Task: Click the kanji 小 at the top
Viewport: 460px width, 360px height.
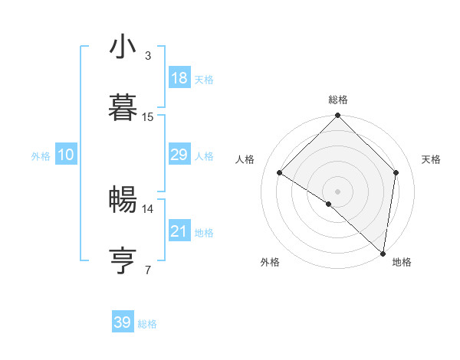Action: (123, 48)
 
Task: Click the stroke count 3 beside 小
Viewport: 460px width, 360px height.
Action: (148, 56)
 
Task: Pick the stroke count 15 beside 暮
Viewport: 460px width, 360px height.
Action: (148, 116)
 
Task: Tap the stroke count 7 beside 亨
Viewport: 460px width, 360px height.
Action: (148, 269)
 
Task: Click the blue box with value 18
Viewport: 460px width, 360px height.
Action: (179, 78)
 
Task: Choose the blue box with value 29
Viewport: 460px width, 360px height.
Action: (179, 155)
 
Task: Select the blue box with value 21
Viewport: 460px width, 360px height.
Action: (179, 231)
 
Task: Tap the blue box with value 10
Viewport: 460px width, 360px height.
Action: (66, 155)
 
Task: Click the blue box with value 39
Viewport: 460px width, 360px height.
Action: (123, 322)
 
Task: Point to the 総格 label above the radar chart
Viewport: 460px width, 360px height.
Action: (338, 100)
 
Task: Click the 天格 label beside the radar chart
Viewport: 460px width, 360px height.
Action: (432, 159)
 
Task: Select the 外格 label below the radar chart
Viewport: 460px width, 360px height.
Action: (270, 262)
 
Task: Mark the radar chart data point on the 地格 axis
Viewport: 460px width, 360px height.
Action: (383, 253)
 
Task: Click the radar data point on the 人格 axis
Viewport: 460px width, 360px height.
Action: (280, 173)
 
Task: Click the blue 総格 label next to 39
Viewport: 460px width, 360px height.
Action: (147, 324)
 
